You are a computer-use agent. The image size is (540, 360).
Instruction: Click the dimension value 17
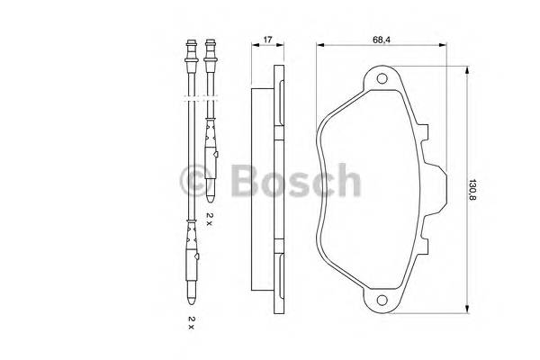click(x=266, y=39)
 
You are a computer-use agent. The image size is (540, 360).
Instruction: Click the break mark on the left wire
click(x=190, y=94)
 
